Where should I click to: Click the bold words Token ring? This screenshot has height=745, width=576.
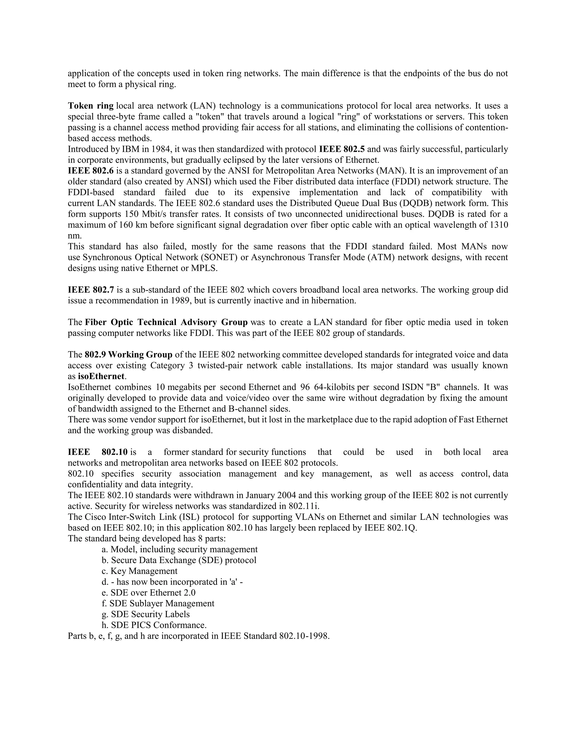tap(91, 106)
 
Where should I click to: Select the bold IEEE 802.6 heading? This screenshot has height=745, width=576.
tap(91, 171)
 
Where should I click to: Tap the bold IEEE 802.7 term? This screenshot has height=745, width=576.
tap(91, 290)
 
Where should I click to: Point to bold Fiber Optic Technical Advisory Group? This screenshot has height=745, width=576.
tap(166, 322)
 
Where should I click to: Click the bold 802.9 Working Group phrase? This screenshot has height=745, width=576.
tap(128, 355)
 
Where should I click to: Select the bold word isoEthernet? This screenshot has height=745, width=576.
tap(101, 376)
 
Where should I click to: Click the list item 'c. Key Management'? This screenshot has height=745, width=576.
tap(139, 571)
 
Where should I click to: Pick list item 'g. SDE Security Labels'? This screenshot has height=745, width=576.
tap(146, 614)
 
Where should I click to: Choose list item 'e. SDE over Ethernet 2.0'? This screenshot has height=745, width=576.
tap(148, 593)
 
